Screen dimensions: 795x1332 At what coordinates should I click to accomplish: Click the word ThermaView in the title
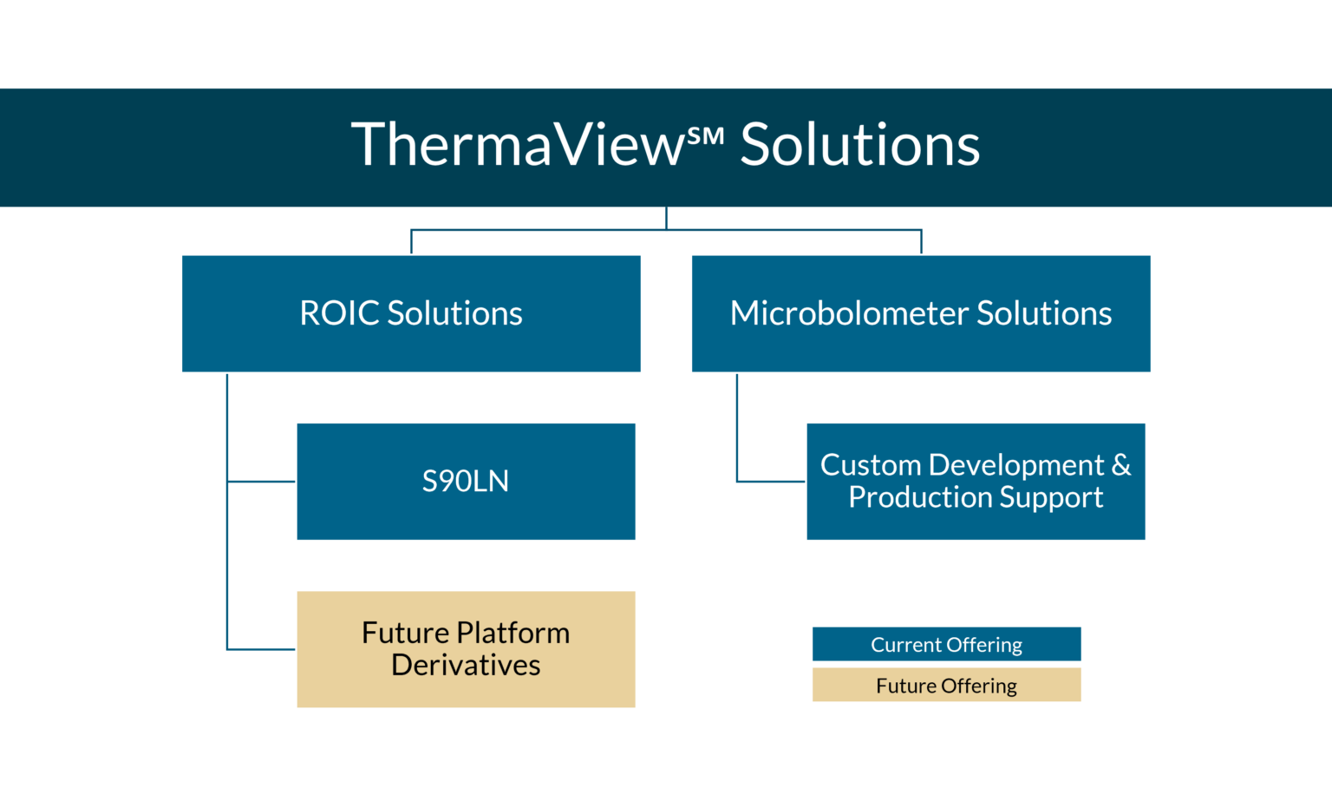(x=518, y=145)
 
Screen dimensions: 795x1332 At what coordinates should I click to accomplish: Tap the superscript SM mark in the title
(x=705, y=136)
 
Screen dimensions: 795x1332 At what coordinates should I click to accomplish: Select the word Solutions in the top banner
(x=859, y=145)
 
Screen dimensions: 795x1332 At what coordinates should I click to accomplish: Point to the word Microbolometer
(x=848, y=313)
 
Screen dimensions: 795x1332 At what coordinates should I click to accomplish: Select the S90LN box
(x=466, y=482)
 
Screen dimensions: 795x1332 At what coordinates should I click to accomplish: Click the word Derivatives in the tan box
(x=466, y=666)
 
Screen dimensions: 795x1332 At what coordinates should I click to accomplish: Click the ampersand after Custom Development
(x=1121, y=465)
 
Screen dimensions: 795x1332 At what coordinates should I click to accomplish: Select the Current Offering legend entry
(x=946, y=645)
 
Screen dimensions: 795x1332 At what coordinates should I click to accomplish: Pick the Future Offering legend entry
(x=946, y=686)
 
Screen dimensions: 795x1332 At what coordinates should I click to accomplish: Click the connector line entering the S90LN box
(x=261, y=481)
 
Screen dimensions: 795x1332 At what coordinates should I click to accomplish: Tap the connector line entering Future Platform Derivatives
(x=261, y=649)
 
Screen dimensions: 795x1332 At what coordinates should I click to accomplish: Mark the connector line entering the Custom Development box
(x=771, y=481)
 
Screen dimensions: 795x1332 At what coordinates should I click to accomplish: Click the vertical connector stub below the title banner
(x=666, y=218)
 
